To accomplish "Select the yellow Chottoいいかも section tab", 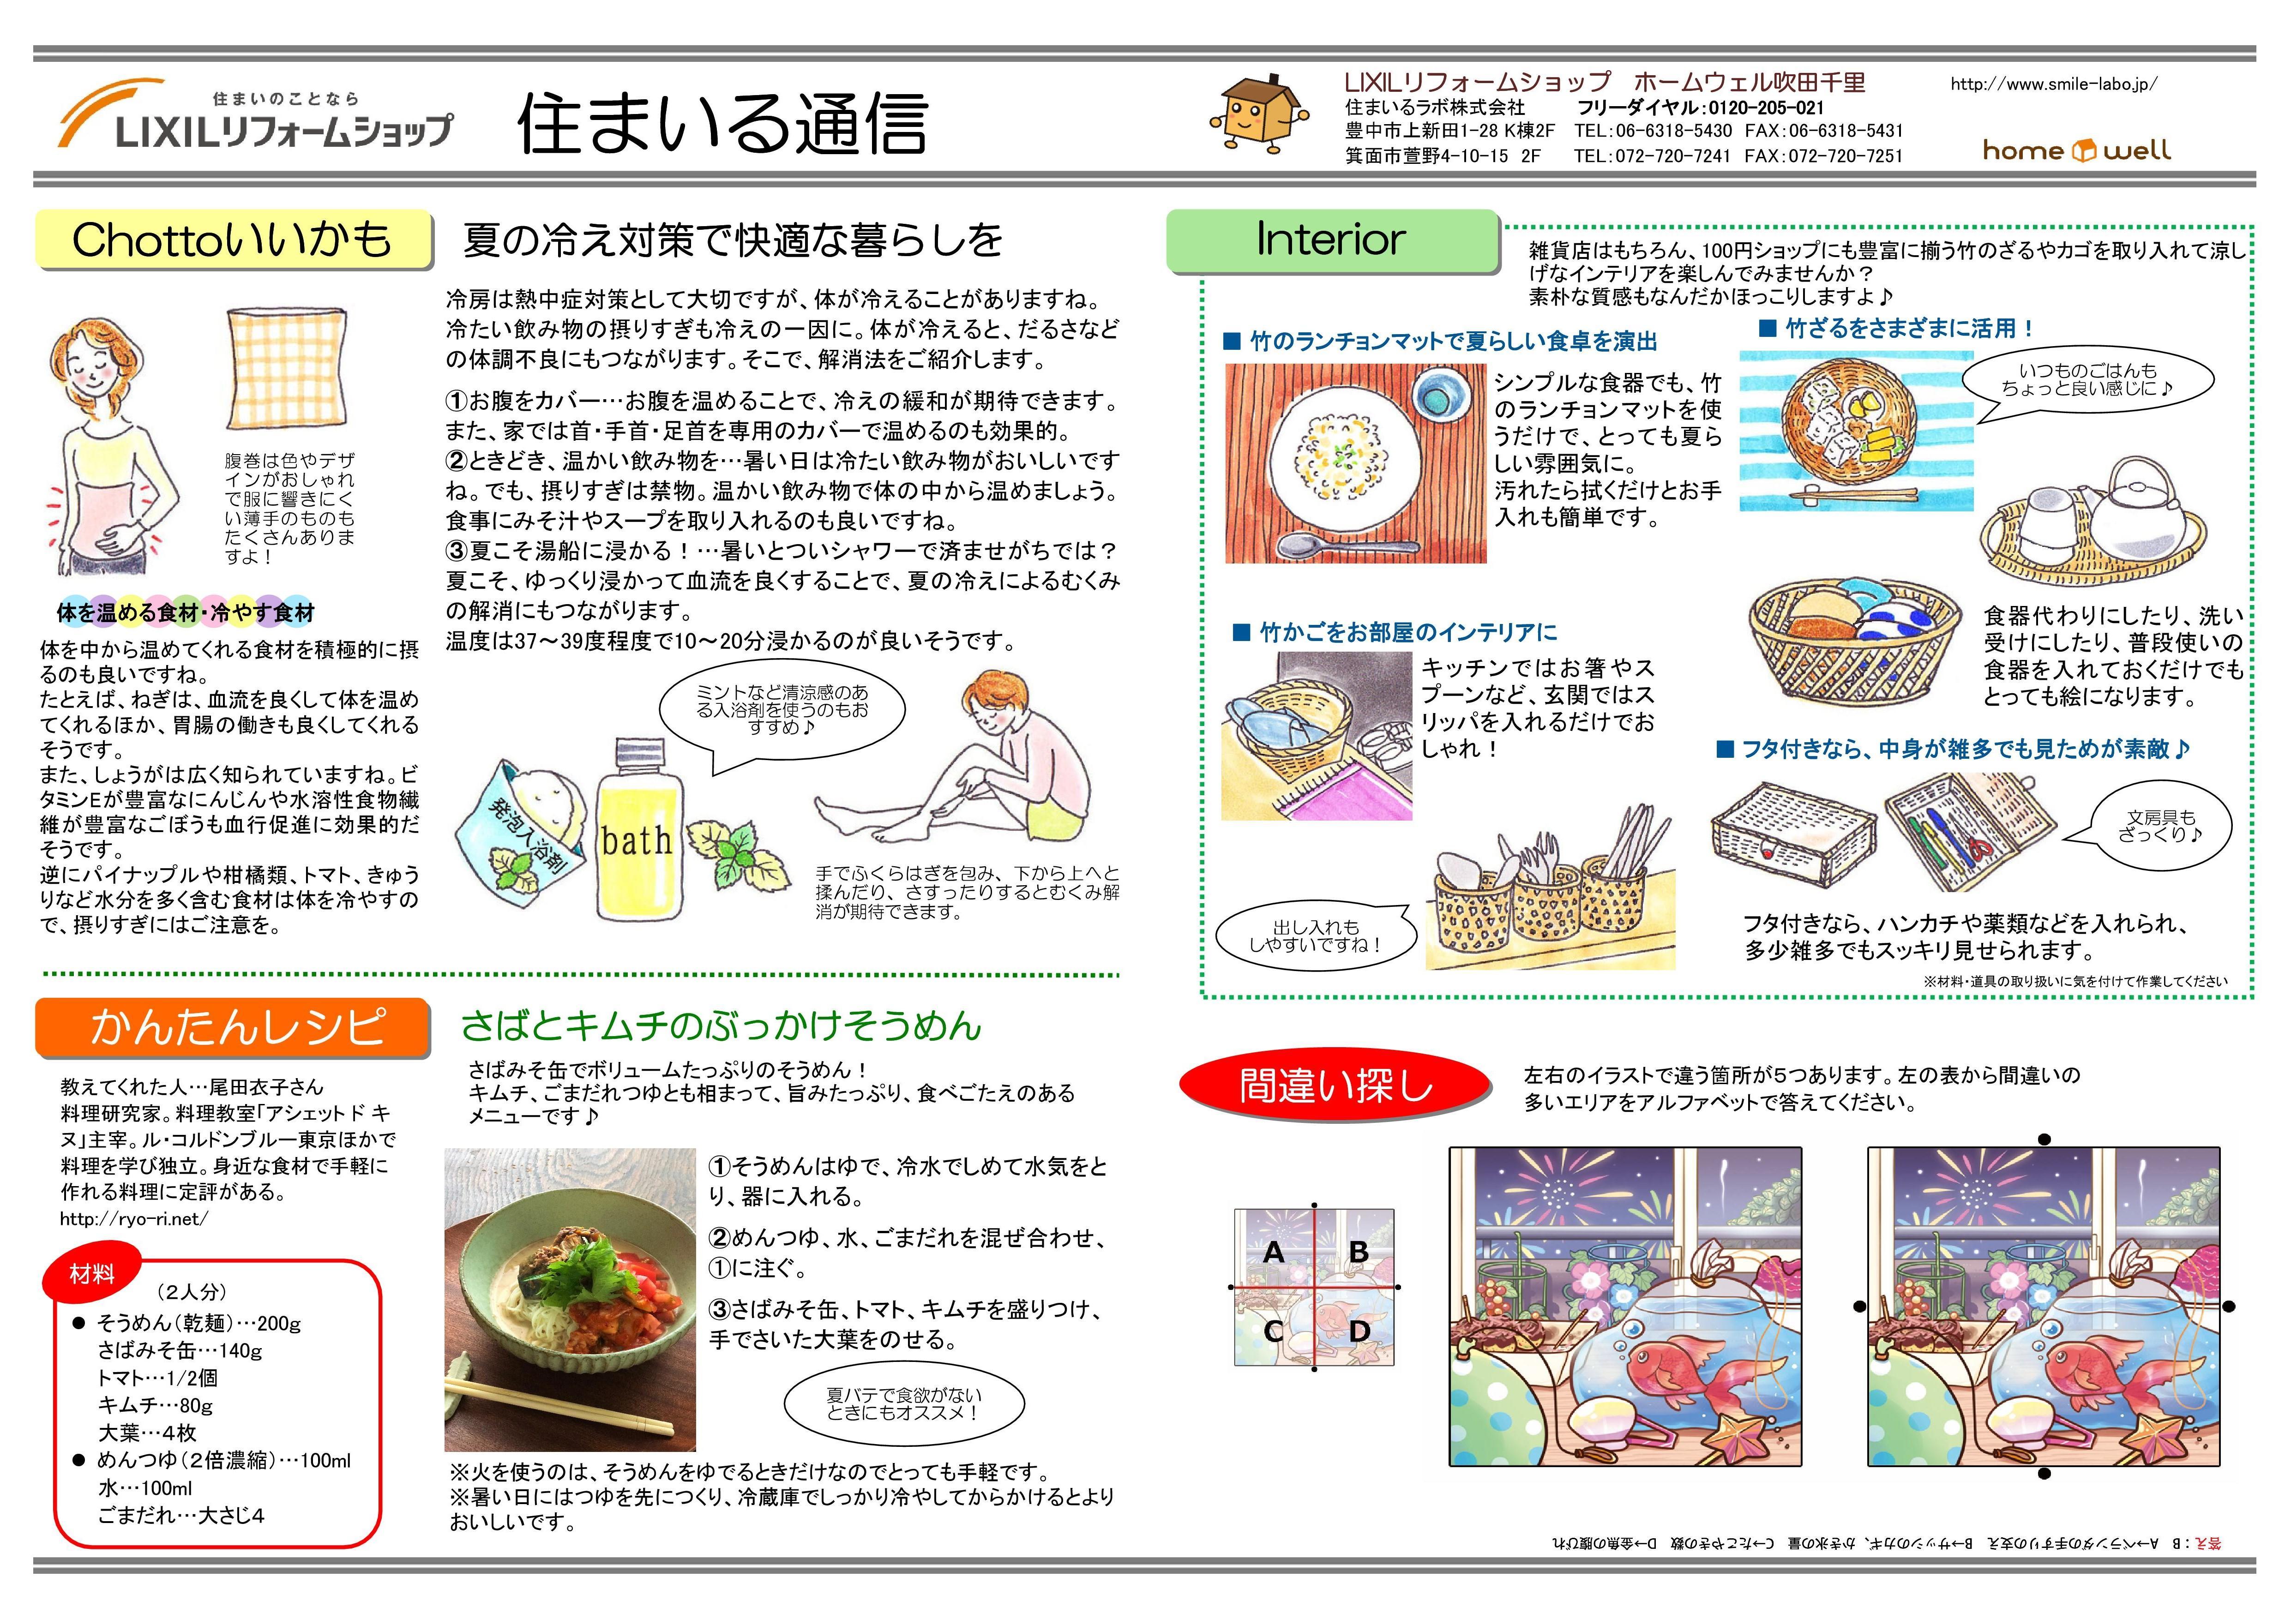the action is tap(234, 240).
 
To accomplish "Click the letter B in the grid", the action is tap(1358, 1251).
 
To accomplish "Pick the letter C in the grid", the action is tap(1273, 1331).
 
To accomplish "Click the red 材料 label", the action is tap(92, 1274).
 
